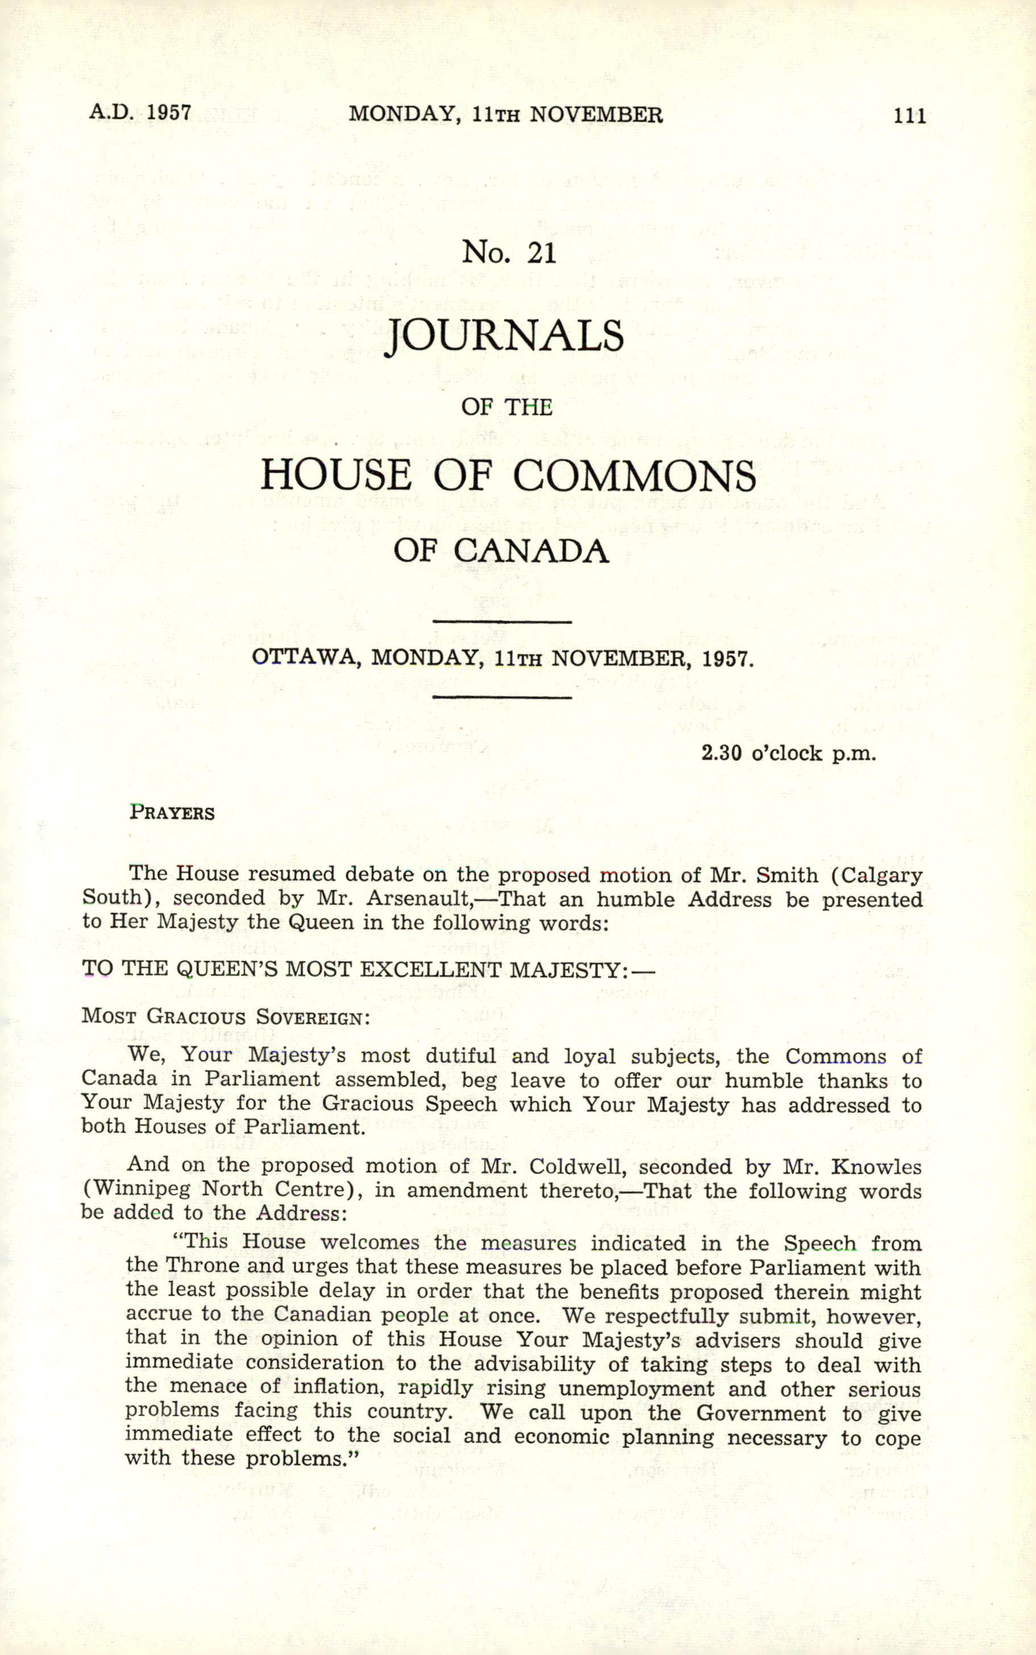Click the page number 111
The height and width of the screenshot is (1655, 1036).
click(x=909, y=115)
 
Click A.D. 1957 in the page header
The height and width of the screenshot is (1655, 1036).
click(x=140, y=113)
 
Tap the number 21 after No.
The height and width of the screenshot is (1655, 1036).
click(x=541, y=253)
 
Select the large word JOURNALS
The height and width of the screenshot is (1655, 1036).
click(x=504, y=336)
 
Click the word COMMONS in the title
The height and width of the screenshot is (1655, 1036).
click(x=635, y=475)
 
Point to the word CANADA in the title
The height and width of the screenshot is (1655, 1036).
click(x=531, y=551)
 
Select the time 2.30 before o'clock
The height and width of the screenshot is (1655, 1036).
click(x=722, y=754)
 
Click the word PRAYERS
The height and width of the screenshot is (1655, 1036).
click(x=172, y=813)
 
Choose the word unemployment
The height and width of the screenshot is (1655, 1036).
click(x=636, y=1389)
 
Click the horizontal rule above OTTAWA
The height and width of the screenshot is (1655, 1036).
click(x=503, y=622)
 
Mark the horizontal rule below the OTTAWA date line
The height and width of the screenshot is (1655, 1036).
click(x=503, y=697)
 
